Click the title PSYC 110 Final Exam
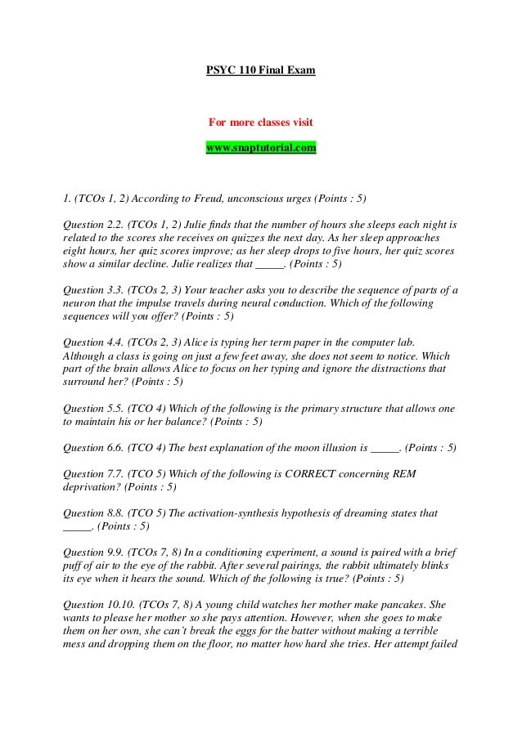[x=260, y=71]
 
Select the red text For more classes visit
[x=260, y=123]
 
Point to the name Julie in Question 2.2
[x=219, y=223]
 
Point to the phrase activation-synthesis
[x=254, y=514]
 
